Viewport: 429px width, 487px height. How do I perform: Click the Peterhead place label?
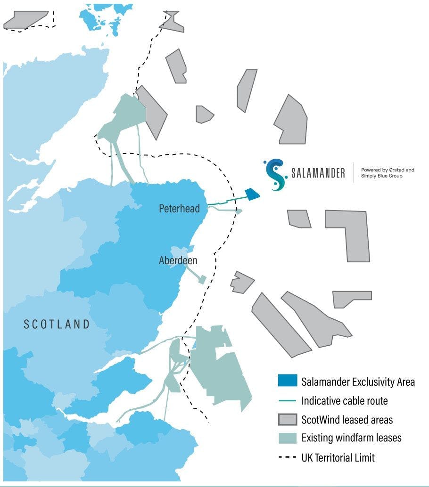[179, 208]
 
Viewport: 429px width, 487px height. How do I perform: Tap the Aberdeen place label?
[178, 260]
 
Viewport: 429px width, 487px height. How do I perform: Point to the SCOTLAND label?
[57, 324]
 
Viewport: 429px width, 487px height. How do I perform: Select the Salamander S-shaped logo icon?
[275, 174]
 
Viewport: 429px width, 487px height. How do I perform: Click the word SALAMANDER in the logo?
[318, 173]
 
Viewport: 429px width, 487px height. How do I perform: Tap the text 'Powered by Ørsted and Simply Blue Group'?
[388, 173]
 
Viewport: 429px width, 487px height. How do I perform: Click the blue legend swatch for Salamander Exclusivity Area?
[287, 381]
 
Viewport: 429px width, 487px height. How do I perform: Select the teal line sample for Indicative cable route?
[287, 401]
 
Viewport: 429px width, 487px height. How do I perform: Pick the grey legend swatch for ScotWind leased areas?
[287, 419]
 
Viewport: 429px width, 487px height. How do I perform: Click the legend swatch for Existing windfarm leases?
[287, 438]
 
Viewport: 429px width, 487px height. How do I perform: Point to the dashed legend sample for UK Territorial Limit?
[287, 457]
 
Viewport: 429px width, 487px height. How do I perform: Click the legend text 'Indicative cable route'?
[344, 401]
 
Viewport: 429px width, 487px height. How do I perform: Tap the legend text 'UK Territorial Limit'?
[338, 457]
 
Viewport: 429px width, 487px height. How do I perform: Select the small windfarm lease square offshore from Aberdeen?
[202, 280]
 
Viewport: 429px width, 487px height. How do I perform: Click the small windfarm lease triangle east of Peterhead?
[239, 211]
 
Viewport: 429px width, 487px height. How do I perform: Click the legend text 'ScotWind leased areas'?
[347, 419]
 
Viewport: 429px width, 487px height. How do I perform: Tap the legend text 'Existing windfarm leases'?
[351, 438]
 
